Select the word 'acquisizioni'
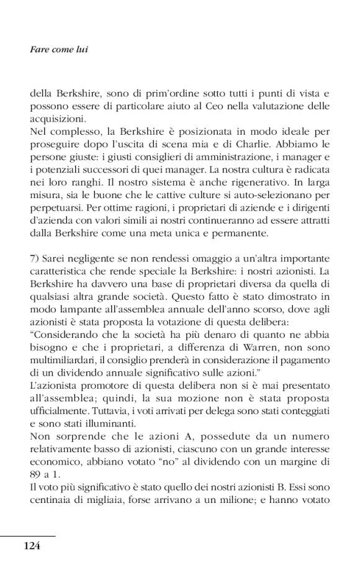56,120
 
